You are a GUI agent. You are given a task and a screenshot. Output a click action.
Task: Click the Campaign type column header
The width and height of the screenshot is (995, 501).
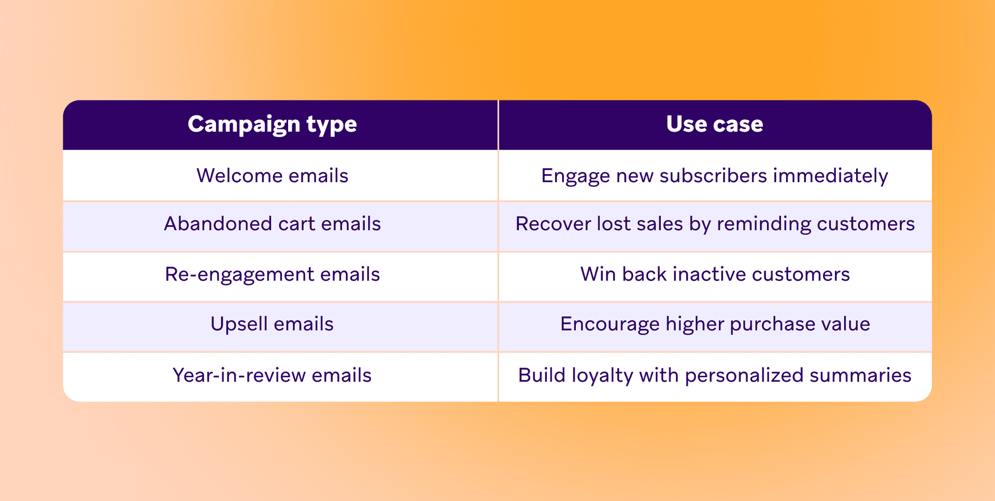click(272, 124)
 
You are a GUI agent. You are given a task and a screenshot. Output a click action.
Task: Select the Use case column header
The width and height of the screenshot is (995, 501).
click(714, 124)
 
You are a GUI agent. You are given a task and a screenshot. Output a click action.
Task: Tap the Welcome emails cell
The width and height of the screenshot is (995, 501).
click(272, 176)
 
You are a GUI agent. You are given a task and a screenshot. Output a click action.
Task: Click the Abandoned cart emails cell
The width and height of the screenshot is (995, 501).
click(272, 224)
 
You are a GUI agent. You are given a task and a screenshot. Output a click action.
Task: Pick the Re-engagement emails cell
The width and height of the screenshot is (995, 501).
click(272, 274)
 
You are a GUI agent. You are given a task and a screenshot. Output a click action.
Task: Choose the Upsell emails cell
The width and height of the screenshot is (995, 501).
click(272, 325)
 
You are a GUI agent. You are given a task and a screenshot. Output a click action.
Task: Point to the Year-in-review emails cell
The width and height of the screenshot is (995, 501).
click(272, 375)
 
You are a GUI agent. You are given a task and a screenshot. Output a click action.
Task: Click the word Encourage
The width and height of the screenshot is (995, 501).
click(609, 325)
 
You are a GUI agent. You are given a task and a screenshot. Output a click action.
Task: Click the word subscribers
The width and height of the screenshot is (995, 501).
click(713, 176)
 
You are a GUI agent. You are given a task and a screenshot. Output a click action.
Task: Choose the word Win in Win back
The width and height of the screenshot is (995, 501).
click(598, 274)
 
